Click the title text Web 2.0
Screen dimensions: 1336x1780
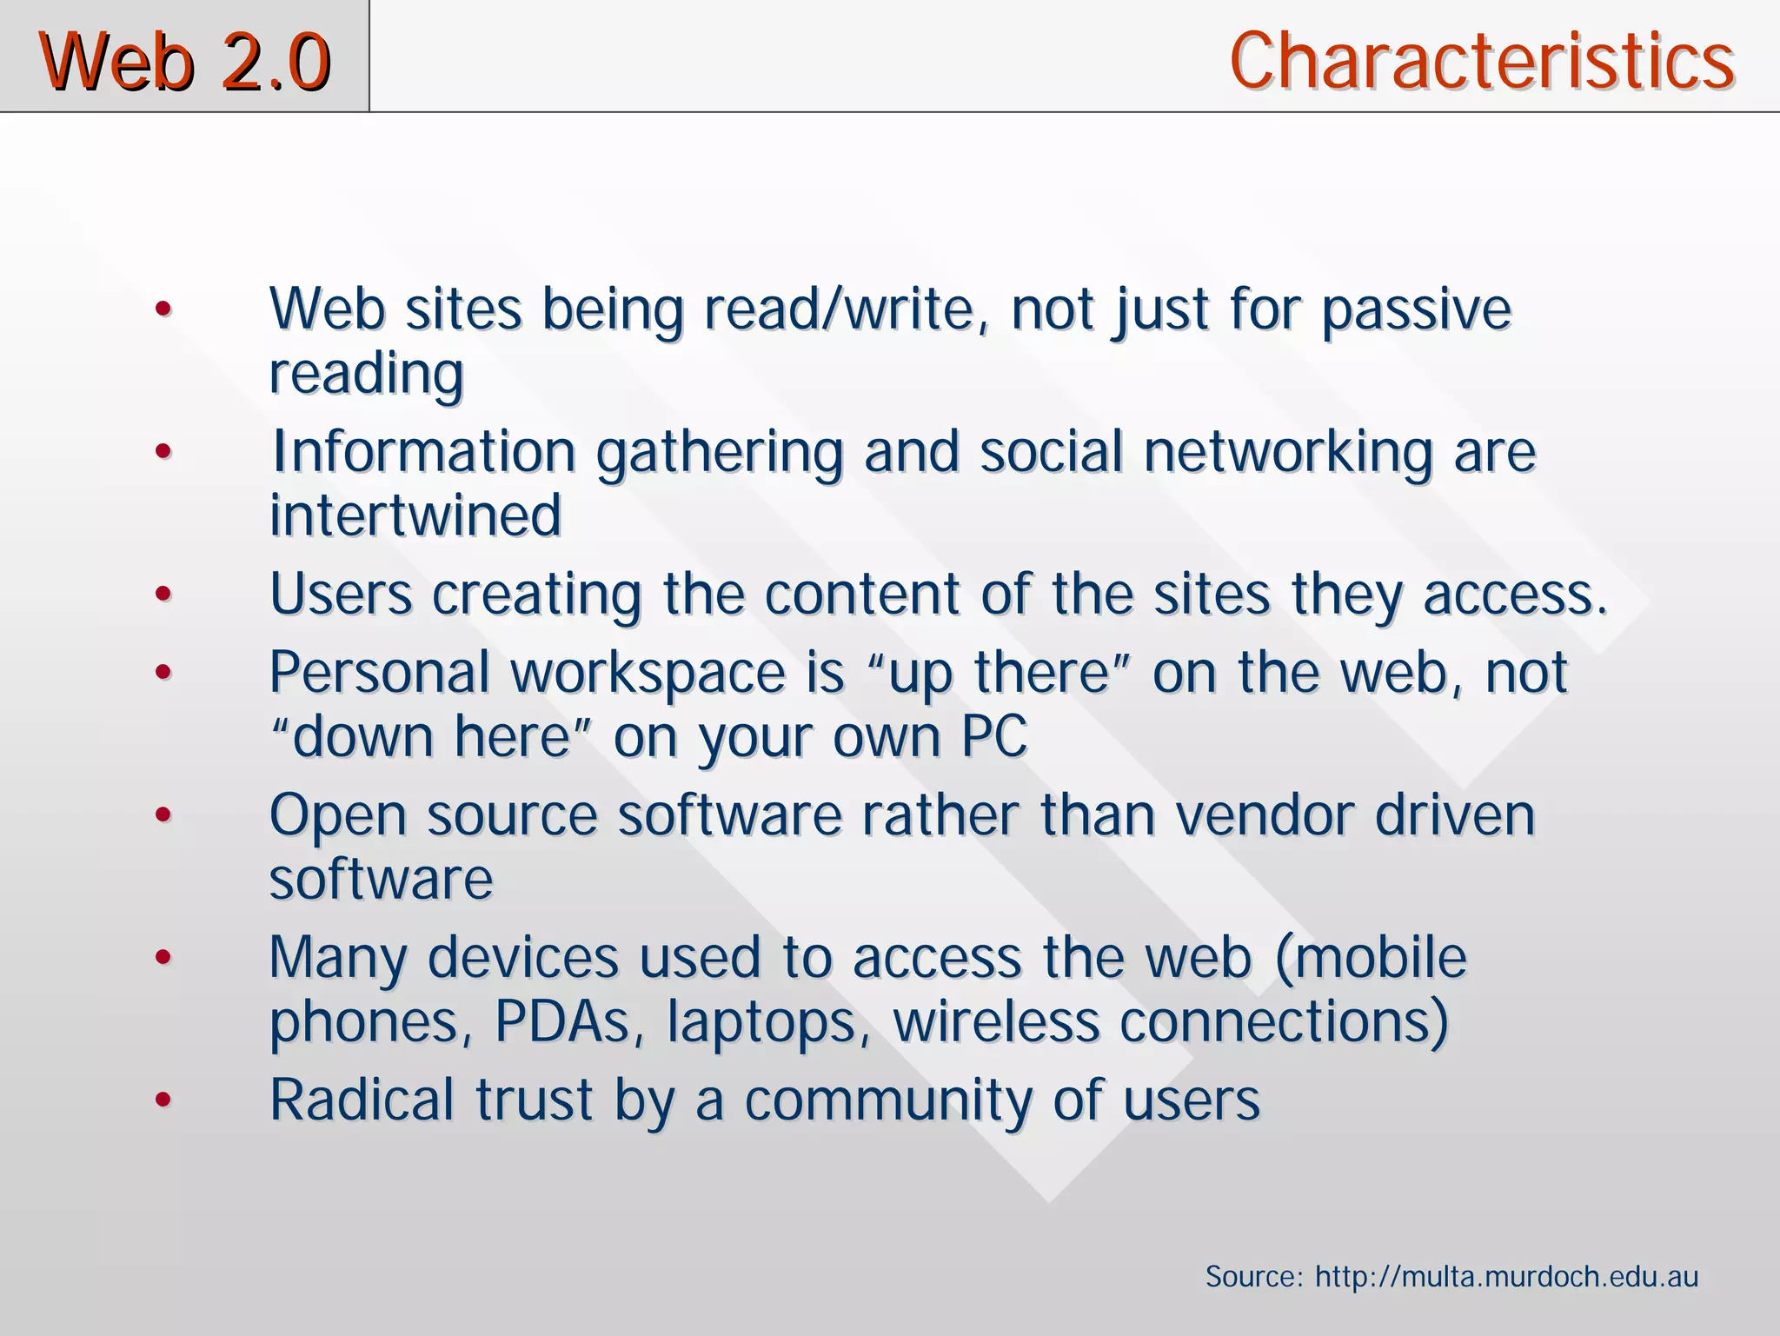point(184,61)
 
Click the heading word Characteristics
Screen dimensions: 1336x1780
point(1481,61)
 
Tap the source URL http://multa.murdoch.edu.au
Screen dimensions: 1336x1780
point(1506,1277)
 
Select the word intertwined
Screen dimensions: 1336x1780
point(415,515)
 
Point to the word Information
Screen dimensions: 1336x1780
point(423,452)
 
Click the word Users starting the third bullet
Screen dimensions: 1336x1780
point(341,595)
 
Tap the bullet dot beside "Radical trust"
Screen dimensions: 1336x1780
point(163,1100)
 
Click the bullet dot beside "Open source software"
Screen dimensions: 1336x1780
point(163,815)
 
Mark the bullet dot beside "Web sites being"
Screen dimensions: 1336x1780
point(163,309)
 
